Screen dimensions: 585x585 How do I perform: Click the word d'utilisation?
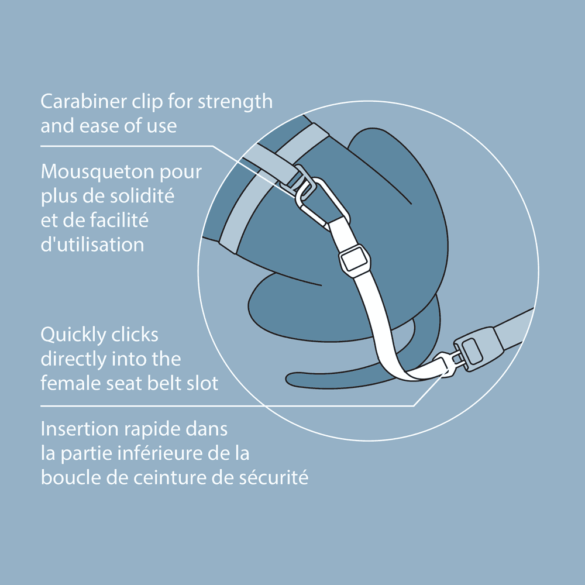[x=92, y=245]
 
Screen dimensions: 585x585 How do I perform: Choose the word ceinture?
[x=170, y=477]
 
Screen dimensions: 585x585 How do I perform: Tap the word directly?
[x=73, y=359]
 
